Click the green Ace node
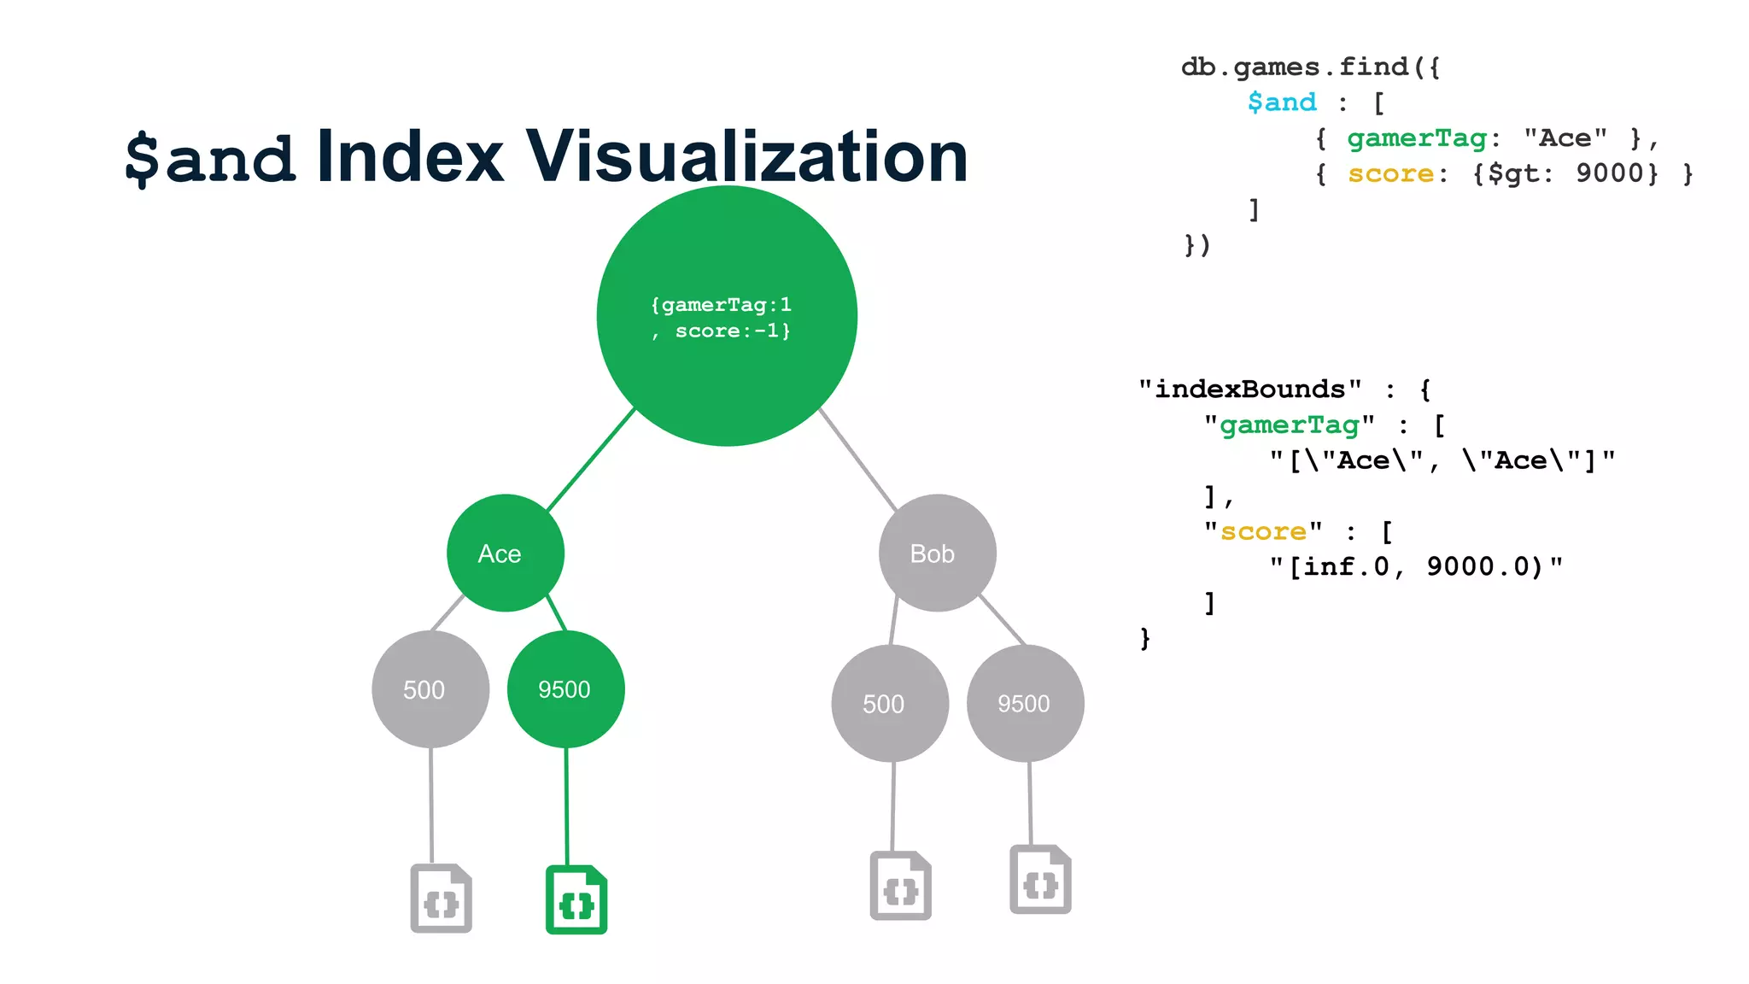[x=506, y=553]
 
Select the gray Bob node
[x=937, y=553]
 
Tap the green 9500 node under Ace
[x=565, y=688]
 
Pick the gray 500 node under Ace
[x=430, y=688]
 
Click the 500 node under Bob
[x=890, y=703]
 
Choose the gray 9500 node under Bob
[x=1025, y=703]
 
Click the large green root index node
[x=727, y=316]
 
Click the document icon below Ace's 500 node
[x=441, y=899]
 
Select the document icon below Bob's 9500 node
[x=1040, y=880]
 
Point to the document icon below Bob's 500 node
[x=900, y=886]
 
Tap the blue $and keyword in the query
[x=1281, y=102]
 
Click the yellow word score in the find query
[x=1390, y=173]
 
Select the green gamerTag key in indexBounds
[x=1289, y=425]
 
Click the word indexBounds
[x=1249, y=389]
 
